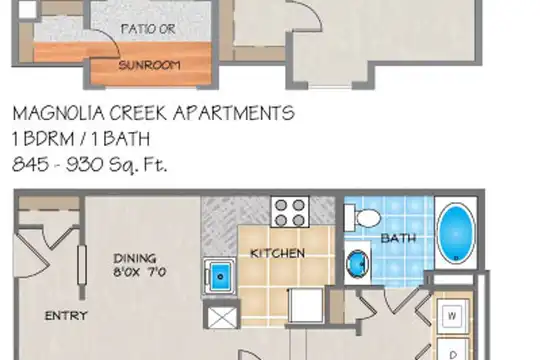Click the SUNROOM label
(149, 65)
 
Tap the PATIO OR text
(148, 29)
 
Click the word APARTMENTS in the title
(234, 113)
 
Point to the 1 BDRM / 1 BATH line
(81, 139)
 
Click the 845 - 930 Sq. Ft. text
(90, 164)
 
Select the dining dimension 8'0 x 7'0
(139, 272)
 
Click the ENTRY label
(66, 316)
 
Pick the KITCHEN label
(278, 254)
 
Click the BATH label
(398, 238)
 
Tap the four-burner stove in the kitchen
(290, 212)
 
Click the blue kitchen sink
(220, 276)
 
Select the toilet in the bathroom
(362, 218)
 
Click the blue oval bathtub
(456, 234)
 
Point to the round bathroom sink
(357, 264)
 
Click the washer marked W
(453, 316)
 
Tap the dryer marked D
(453, 349)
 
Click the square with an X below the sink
(222, 318)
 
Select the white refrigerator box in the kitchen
(306, 305)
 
